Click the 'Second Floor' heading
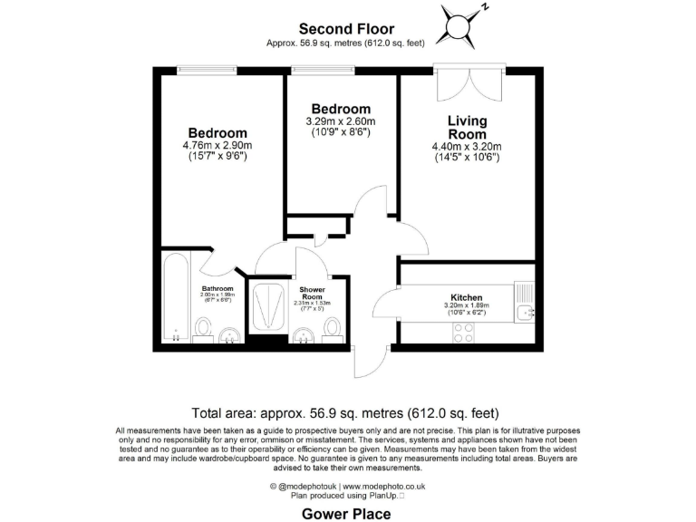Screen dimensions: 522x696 347,29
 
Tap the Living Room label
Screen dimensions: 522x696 467,128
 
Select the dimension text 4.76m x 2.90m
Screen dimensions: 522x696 217,145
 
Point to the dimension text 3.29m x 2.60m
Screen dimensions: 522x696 340,121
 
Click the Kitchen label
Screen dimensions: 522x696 467,297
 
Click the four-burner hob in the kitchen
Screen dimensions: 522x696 463,333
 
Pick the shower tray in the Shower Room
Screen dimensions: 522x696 269,307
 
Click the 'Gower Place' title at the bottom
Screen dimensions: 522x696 347,514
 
